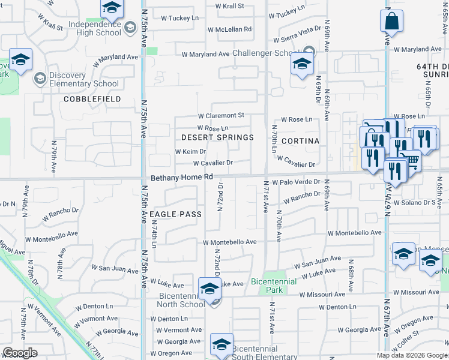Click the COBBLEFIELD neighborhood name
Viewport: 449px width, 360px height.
(92, 98)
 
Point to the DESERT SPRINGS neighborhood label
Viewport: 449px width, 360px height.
(217, 137)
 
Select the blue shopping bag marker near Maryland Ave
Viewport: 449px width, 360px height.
(391, 22)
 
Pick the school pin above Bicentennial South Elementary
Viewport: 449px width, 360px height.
(221, 345)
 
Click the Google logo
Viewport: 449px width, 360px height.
(20, 353)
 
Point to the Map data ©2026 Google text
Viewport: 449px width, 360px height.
(412, 355)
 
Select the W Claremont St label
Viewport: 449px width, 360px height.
(221, 115)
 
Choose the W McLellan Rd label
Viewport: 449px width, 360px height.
(229, 29)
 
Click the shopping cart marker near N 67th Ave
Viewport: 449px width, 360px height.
(410, 159)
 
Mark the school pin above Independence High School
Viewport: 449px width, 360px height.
(111, 8)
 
